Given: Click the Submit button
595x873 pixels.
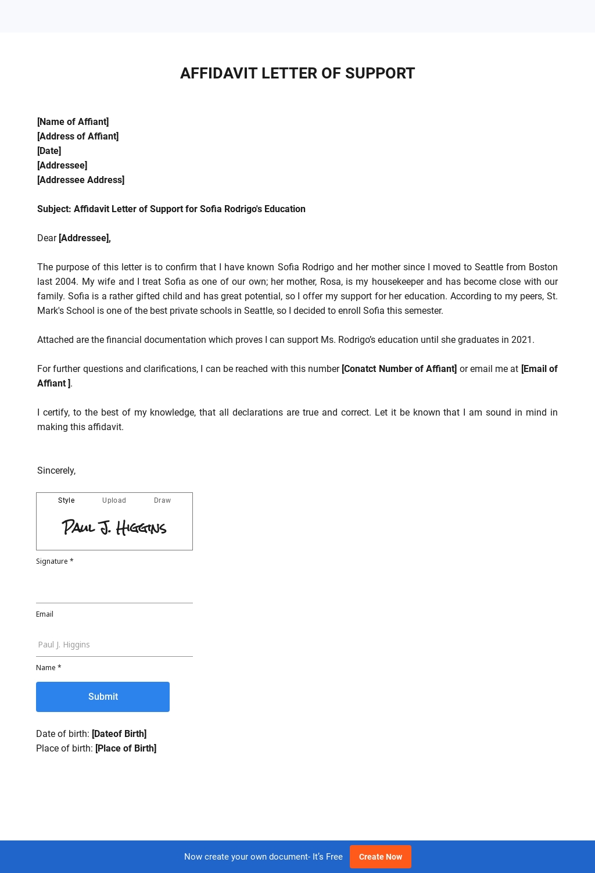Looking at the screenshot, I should tap(103, 696).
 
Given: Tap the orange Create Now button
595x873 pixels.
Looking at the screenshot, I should tap(380, 857).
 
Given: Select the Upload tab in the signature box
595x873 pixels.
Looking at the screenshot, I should tap(114, 500).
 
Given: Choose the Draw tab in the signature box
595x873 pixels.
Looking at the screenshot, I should tap(162, 500).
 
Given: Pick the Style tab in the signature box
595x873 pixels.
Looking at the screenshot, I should tap(66, 500).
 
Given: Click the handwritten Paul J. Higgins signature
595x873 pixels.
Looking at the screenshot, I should tap(114, 527).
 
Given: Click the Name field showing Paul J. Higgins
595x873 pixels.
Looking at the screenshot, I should tap(114, 645).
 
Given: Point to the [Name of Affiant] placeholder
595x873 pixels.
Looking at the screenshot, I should tap(73, 121).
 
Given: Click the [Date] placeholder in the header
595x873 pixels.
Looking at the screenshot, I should tap(49, 151).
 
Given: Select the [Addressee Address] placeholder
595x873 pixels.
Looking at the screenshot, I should tap(81, 180).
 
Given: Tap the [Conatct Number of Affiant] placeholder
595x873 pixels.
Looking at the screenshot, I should tap(399, 368).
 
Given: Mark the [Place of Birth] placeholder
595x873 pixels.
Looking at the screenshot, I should tap(126, 748).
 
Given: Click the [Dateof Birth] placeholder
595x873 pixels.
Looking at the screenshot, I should tap(119, 734).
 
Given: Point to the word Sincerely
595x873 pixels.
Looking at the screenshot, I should tap(56, 470).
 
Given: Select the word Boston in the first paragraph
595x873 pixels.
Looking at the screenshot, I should tap(543, 267).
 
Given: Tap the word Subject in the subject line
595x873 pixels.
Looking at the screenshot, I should tap(53, 209).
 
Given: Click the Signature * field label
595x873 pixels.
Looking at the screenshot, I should tap(55, 561).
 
